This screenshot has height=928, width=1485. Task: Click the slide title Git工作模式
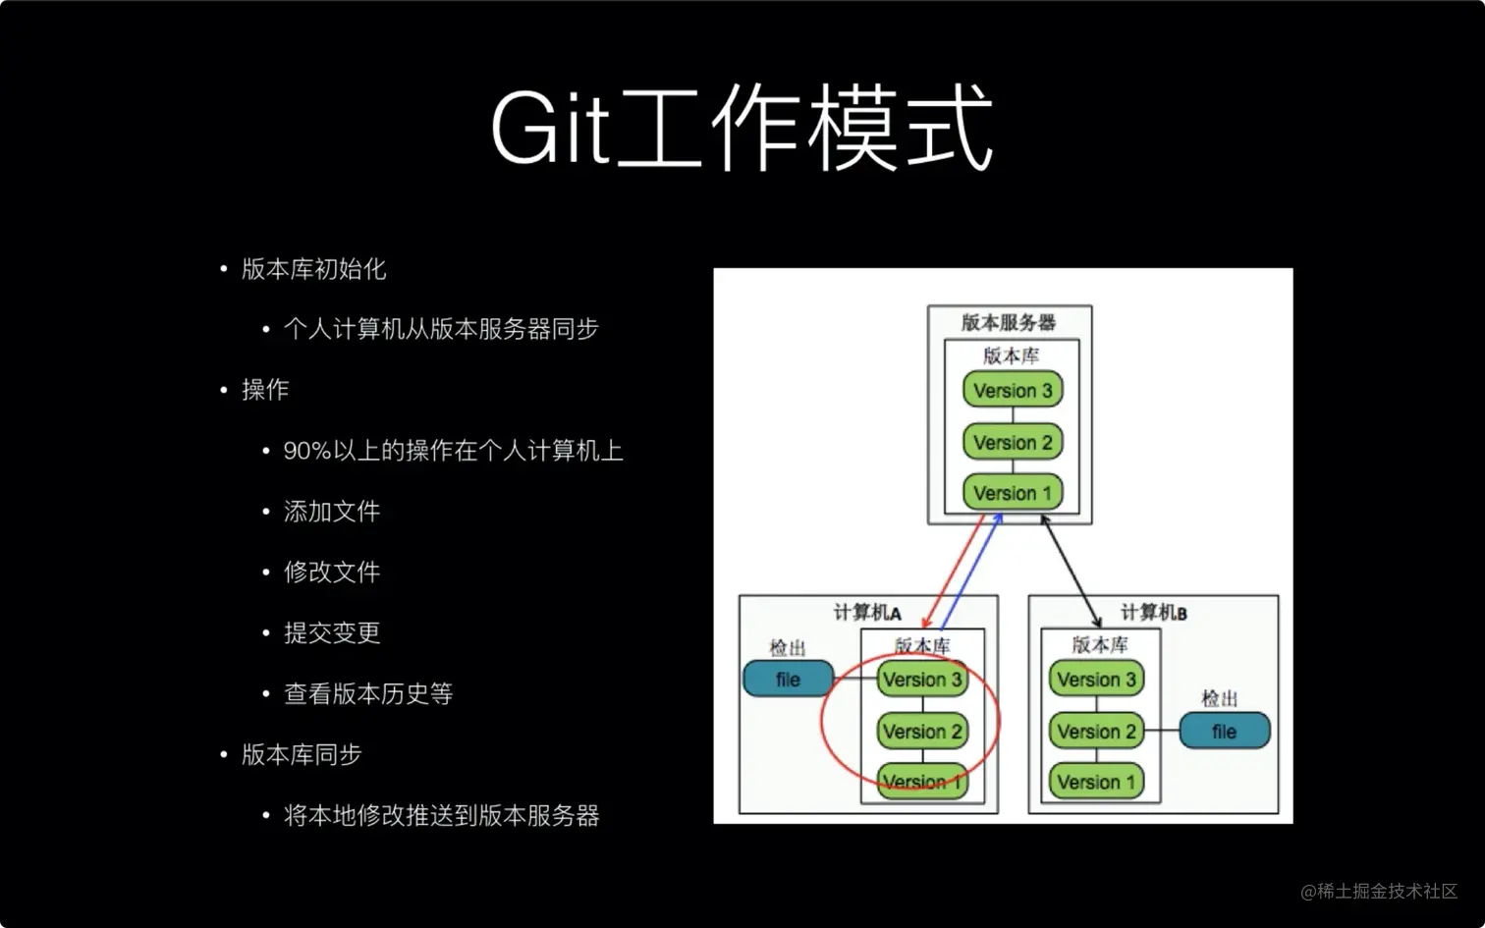(742, 127)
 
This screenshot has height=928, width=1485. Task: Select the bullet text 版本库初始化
(313, 269)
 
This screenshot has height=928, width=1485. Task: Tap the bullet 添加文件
(332, 511)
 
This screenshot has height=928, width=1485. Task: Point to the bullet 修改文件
(332, 573)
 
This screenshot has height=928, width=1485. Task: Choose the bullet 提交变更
(332, 633)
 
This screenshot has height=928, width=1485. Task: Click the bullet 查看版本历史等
(368, 694)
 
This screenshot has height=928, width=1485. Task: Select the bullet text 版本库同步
(302, 754)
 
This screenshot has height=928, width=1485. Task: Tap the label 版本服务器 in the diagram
(1009, 323)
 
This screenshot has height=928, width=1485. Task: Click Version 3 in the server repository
(1013, 390)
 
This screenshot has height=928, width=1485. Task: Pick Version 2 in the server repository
(1013, 442)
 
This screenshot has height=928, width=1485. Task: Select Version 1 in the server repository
(1013, 493)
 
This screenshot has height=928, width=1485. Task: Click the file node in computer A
(789, 679)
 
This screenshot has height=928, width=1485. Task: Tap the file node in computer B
(1225, 731)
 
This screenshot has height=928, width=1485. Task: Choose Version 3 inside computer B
(1096, 679)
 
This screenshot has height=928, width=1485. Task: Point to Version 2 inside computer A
(922, 731)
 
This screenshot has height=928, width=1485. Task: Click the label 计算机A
(867, 613)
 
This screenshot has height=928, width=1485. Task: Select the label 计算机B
(1153, 613)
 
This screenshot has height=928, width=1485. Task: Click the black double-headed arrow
(1071, 571)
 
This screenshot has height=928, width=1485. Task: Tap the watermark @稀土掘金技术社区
(1379, 891)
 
